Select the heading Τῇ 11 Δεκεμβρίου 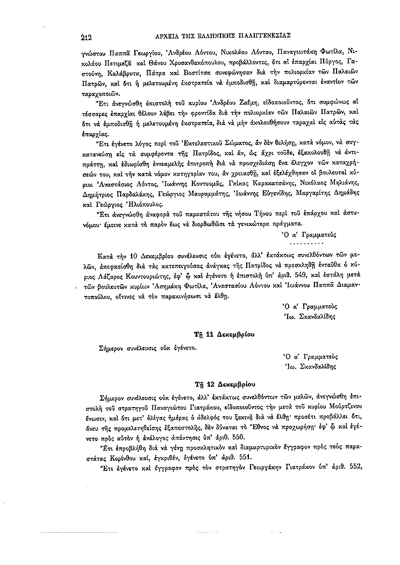pyautogui.click(x=224, y=334)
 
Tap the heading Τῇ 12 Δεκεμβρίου pyautogui.click(x=224, y=385)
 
